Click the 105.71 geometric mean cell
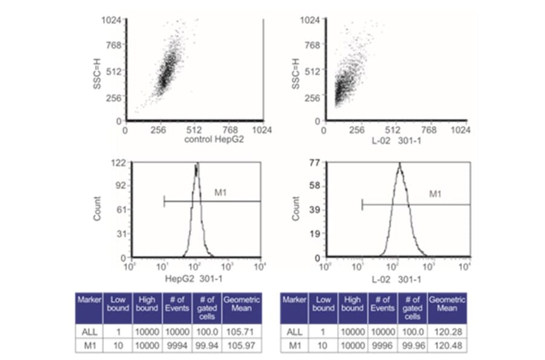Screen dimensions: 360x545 (242, 331)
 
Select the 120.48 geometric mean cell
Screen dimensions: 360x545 (448, 345)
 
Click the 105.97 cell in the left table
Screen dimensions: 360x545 (242, 345)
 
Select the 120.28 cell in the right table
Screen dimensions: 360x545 (448, 331)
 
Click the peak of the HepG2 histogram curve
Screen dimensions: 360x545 (197, 164)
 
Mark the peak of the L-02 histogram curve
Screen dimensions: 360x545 (400, 164)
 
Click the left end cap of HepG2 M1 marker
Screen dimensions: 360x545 (164, 201)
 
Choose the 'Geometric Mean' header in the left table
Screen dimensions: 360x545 (242, 304)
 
